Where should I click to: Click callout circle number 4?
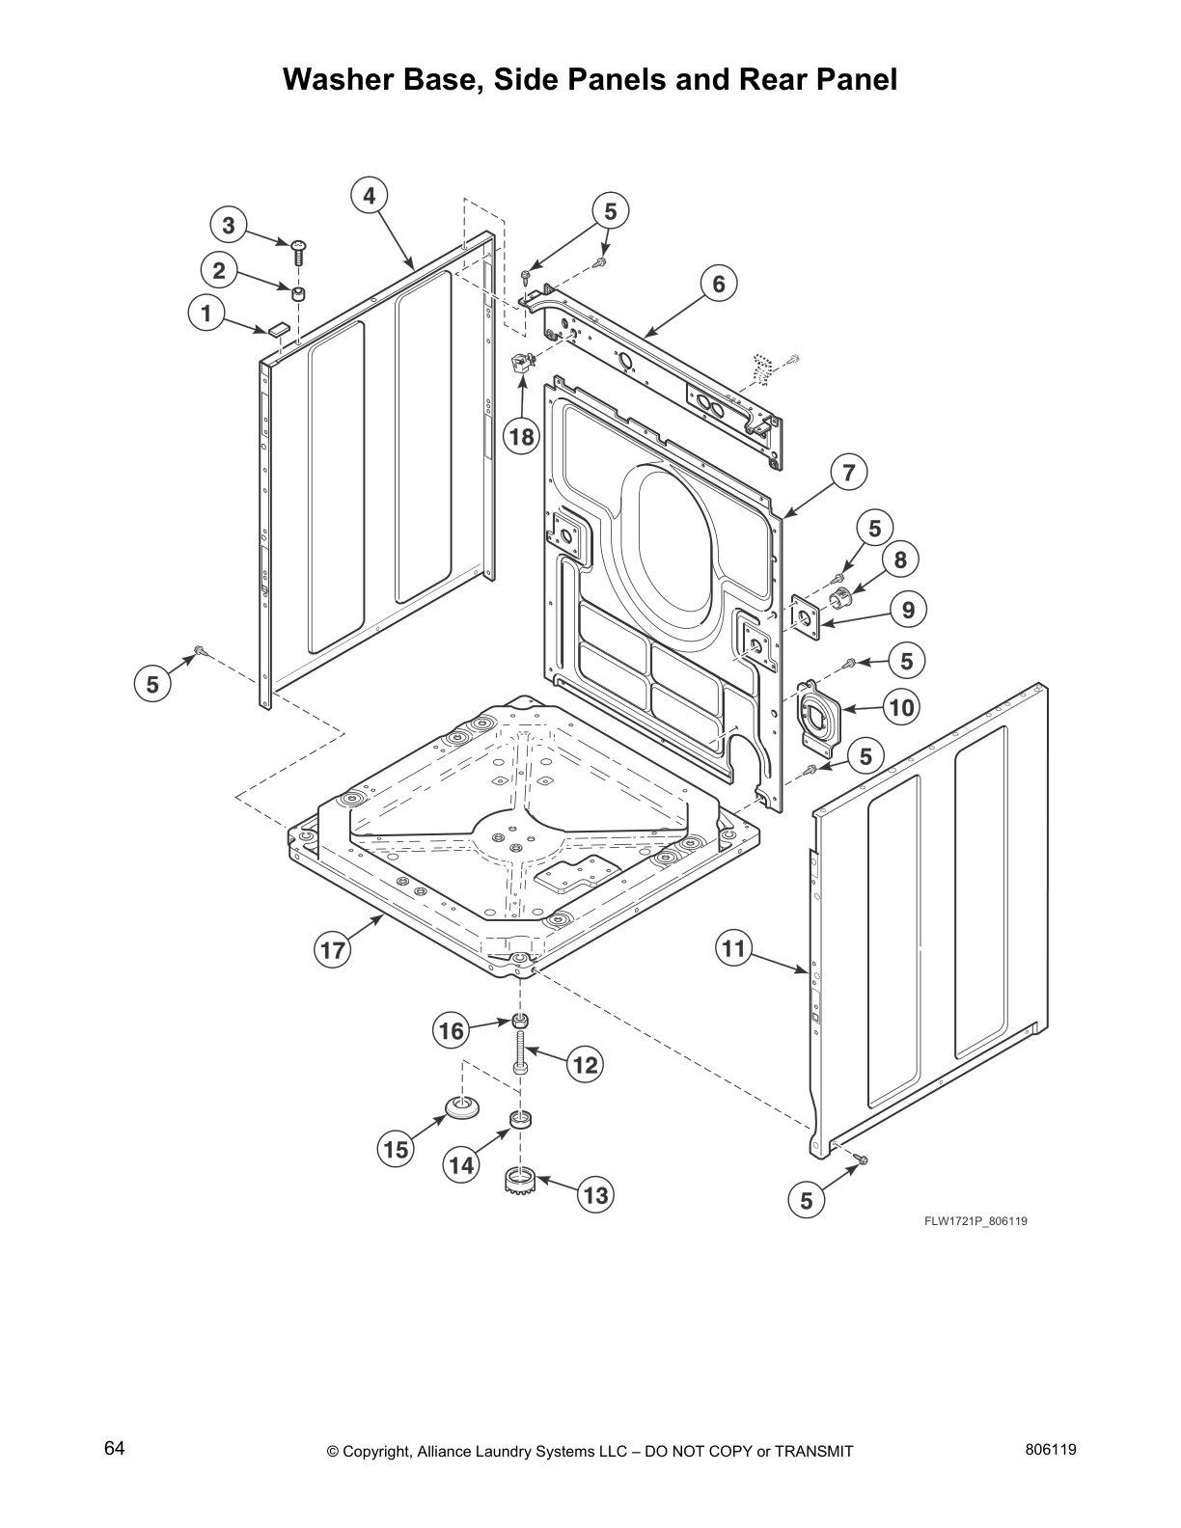pos(369,196)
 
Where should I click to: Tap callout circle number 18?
pos(521,437)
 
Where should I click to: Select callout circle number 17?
pos(333,950)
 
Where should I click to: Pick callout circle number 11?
pos(734,948)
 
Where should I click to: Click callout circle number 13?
pos(595,1195)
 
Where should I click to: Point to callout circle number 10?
pos(900,707)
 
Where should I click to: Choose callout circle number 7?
pos(848,473)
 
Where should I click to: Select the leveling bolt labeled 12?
pos(520,1052)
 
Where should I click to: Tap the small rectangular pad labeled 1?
pos(278,328)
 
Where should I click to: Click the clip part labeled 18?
pos(521,365)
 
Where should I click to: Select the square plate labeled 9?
pos(804,614)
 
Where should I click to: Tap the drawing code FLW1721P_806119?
pos(975,1221)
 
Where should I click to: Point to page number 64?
pos(114,1448)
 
